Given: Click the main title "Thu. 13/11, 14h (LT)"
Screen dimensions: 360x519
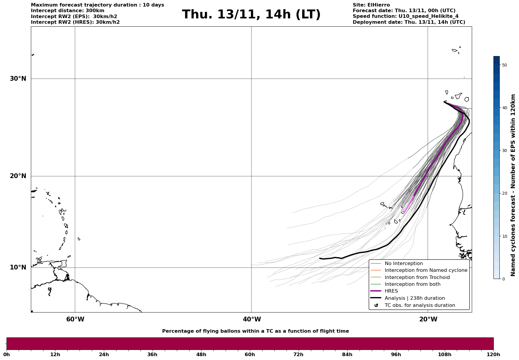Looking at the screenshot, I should click(251, 15).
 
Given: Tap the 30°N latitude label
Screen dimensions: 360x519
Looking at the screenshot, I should click(18, 79).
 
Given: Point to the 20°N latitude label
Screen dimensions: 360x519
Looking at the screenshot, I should click(18, 176).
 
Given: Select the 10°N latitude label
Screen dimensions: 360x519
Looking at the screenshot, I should click(18, 267).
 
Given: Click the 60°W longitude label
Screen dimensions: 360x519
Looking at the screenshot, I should click(75, 319).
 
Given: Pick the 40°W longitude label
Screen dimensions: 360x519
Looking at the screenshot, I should click(252, 319).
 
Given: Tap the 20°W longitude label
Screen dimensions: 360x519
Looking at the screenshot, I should click(428, 319).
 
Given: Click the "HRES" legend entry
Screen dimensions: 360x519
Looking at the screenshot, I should click(391, 291).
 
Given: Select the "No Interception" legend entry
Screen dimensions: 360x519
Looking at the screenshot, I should click(404, 264).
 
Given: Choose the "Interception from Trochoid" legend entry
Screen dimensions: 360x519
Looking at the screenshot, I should click(417, 277).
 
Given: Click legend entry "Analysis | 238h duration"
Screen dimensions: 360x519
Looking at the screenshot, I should click(414, 298).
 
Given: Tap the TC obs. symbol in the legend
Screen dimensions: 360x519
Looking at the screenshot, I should click(376, 305).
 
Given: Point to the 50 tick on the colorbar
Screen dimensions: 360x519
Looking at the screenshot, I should click(504, 65).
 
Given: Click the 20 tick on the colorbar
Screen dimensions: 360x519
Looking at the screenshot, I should click(504, 194).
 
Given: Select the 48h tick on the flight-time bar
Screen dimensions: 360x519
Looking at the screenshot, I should click(201, 354).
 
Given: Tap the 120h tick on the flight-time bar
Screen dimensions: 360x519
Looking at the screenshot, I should click(493, 354).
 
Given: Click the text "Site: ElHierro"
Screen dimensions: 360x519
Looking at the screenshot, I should click(371, 5).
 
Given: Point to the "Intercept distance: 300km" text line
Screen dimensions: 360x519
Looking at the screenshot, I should click(68, 11).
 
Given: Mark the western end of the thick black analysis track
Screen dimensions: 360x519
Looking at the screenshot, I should click(320, 258).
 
